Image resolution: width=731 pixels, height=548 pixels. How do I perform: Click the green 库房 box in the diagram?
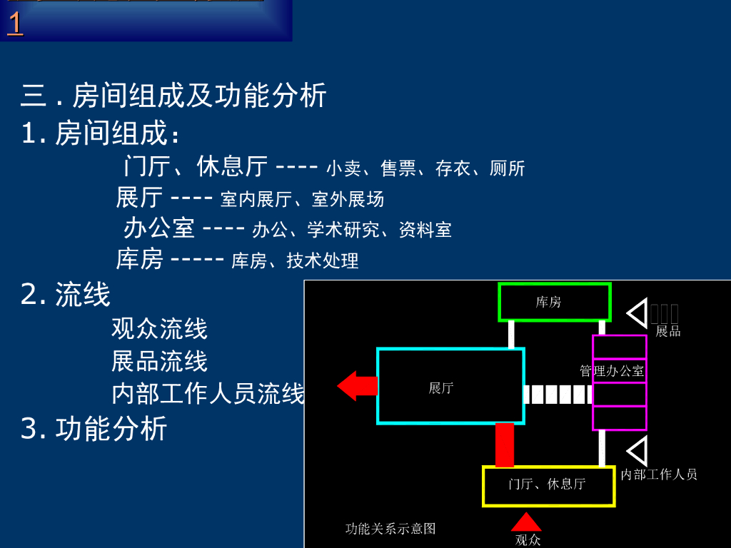point(555,302)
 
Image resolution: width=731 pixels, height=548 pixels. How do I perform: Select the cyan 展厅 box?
point(450,386)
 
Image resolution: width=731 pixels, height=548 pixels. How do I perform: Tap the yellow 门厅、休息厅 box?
point(548,485)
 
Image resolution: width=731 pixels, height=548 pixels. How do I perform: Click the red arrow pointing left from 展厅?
point(356,386)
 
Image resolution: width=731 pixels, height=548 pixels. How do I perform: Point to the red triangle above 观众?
point(526,522)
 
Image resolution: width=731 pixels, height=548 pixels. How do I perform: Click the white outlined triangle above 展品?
point(637,313)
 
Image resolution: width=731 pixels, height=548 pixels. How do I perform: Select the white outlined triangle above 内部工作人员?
point(637,451)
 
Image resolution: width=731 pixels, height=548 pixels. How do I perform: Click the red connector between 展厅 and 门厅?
point(505,445)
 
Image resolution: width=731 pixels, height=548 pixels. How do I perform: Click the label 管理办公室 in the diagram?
point(612,371)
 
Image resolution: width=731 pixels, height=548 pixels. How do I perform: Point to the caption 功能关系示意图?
point(390,529)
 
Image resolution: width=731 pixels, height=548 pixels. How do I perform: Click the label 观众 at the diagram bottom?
point(528,540)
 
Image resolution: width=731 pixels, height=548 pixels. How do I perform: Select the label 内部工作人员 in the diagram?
point(659,475)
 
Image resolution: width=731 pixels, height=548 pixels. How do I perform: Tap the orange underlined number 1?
point(14,24)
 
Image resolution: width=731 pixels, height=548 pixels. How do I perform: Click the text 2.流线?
point(66,295)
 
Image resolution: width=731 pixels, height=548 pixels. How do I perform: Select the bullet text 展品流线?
point(159,361)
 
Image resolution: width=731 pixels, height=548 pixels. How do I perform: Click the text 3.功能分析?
point(94,428)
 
